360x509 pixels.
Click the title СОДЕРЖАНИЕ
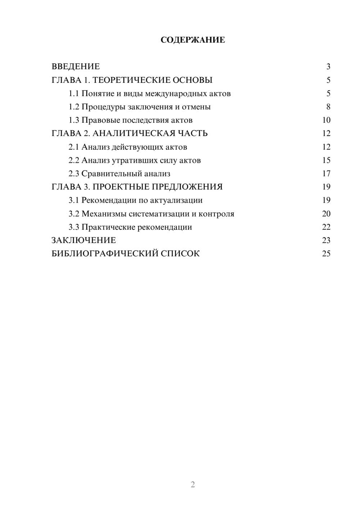[193, 40]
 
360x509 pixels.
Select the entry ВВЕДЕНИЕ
[76, 67]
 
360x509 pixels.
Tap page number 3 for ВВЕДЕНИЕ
[328, 67]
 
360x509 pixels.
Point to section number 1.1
[74, 94]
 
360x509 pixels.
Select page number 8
[328, 107]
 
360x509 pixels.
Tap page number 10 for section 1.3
[326, 120]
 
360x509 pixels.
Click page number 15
[326, 160]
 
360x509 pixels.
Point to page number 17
[326, 174]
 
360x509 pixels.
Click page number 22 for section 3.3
[326, 227]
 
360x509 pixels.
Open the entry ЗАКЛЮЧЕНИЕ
[84, 240]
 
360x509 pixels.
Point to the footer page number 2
[193, 484]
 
